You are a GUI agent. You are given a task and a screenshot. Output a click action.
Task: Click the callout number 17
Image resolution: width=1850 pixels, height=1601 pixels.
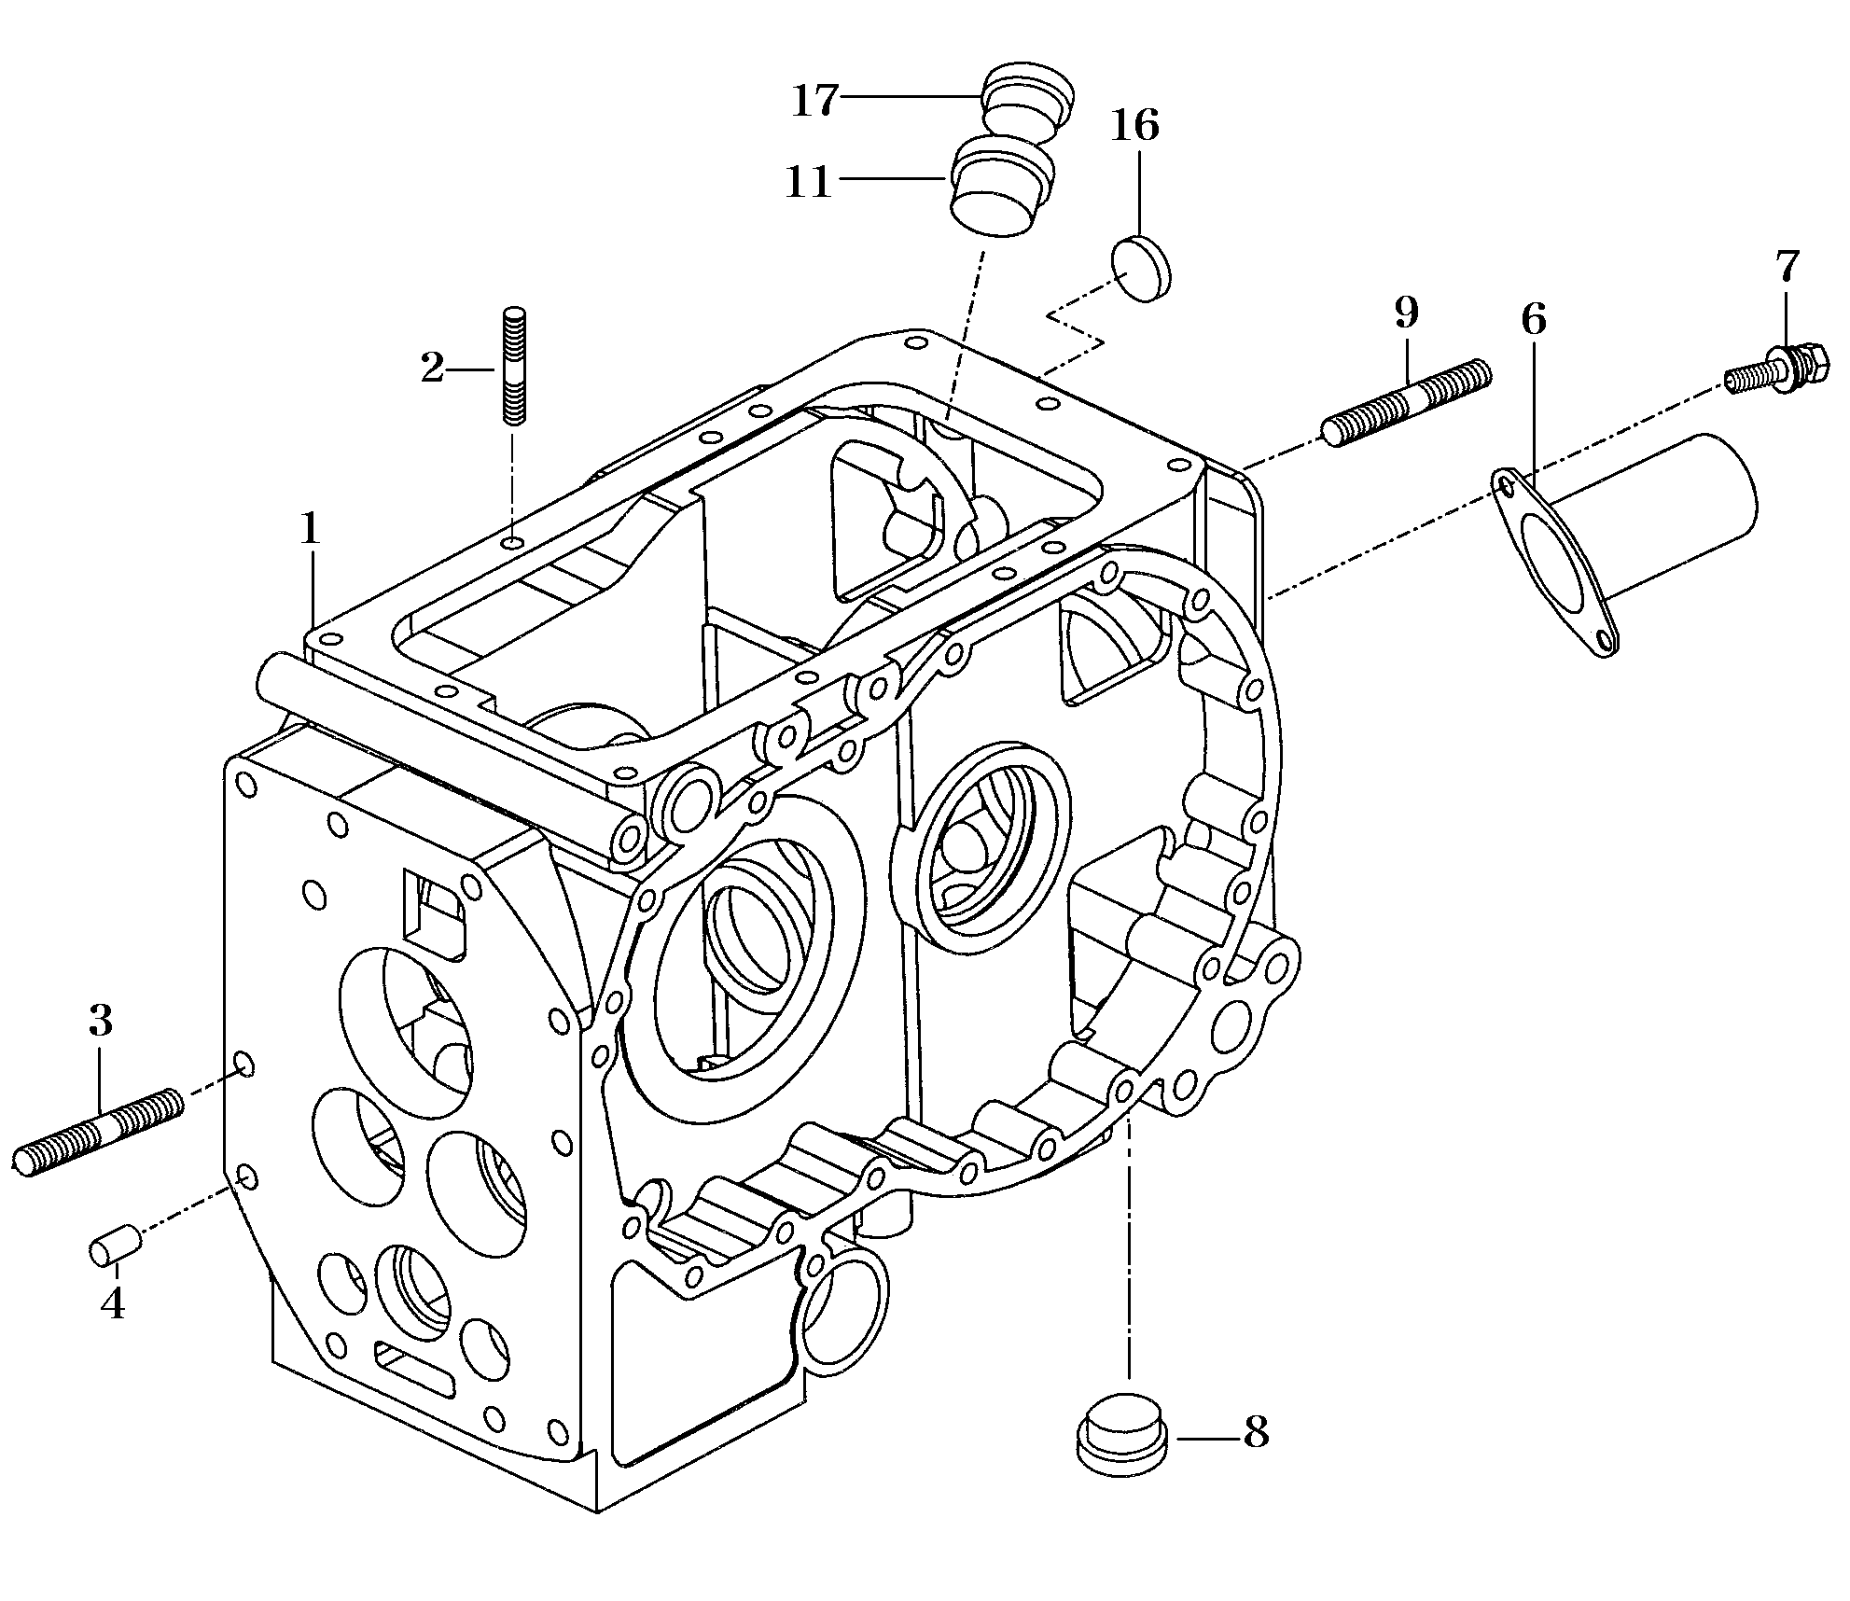click(815, 101)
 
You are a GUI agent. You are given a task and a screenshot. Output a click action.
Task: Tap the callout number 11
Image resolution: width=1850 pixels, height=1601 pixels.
click(808, 181)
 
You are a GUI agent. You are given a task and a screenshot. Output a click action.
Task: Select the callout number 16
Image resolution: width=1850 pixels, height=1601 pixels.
click(1134, 125)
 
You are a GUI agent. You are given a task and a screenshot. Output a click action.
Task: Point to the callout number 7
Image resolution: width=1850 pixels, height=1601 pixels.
click(1786, 268)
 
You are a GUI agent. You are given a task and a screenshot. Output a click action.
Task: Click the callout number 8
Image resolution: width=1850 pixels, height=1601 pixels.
click(1256, 1431)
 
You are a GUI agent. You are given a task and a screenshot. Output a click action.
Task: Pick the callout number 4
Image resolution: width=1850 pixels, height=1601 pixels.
click(113, 1302)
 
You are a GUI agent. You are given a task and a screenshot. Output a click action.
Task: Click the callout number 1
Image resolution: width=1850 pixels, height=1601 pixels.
click(310, 530)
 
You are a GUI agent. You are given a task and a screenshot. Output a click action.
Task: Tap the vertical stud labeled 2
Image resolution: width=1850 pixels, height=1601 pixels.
click(514, 366)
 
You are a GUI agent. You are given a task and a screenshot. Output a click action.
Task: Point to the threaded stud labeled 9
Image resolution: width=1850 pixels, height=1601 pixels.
click(1407, 403)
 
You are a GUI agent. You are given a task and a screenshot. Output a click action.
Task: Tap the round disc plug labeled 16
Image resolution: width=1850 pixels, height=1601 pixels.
click(1142, 267)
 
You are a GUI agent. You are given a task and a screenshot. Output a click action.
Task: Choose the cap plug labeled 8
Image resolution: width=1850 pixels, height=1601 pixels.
click(1120, 1441)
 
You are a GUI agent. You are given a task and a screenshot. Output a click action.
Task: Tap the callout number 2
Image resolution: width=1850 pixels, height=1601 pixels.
click(432, 369)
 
